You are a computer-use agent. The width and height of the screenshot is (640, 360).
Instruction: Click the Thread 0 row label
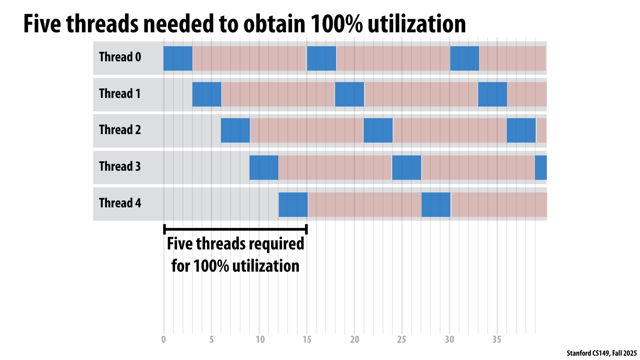120,57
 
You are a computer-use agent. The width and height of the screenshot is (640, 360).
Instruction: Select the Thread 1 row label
120,94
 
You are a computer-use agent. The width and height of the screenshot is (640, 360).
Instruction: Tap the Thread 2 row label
120,130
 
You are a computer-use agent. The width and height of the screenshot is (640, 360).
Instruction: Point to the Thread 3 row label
120,166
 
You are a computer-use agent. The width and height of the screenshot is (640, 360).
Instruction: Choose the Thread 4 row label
120,203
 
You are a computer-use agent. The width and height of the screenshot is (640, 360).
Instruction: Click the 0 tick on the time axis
164,340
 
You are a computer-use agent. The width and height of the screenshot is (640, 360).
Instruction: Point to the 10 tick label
260,340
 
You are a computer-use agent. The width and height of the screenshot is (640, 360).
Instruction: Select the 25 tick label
401,340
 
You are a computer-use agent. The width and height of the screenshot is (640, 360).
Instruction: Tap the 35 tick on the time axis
497,340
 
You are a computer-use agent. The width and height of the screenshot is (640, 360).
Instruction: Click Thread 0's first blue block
178,58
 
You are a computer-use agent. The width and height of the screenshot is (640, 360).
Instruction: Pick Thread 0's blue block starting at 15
321,58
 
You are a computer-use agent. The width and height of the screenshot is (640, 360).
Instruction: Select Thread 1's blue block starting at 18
350,94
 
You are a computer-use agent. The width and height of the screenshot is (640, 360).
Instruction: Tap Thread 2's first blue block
236,130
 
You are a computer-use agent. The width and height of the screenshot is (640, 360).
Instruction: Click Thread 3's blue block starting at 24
407,167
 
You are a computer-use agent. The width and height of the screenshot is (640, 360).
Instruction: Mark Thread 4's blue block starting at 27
436,204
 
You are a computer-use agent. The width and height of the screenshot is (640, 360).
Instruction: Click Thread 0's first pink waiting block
249,58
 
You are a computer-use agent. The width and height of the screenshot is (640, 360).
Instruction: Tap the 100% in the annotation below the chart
211,266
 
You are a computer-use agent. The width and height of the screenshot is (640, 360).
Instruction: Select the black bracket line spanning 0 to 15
236,229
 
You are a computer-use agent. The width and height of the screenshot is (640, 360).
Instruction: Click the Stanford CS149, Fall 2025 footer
601,353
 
